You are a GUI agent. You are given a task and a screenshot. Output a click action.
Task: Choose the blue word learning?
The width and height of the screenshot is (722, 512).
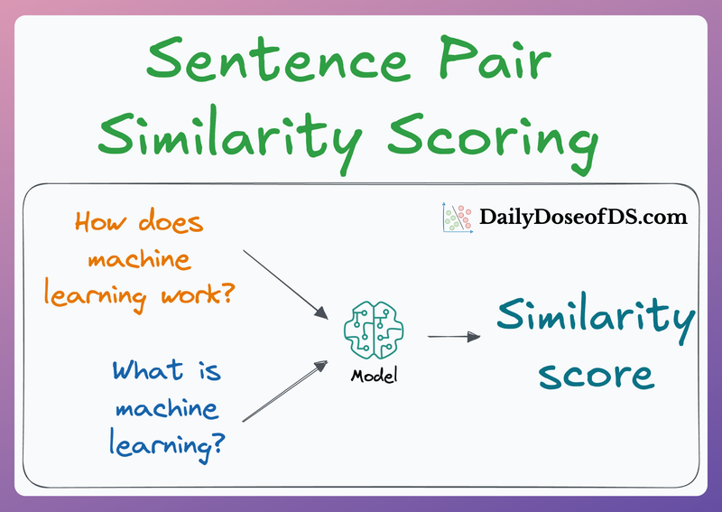168,445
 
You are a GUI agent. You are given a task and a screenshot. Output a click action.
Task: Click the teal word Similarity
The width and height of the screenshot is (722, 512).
595,318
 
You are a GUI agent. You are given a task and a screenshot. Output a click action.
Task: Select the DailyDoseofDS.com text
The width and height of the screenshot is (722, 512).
583,217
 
